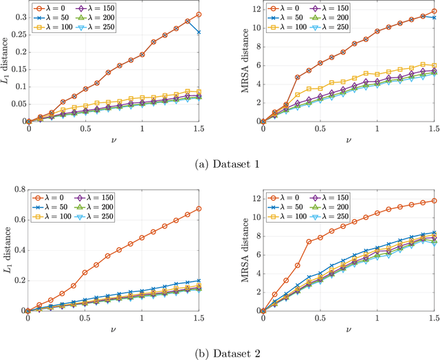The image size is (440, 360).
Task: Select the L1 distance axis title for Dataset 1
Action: click(x=6, y=65)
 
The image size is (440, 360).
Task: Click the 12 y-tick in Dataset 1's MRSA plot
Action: click(x=252, y=9)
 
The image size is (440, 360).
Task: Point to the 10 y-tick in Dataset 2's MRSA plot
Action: click(x=252, y=217)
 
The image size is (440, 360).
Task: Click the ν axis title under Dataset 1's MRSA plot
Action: click(x=348, y=139)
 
